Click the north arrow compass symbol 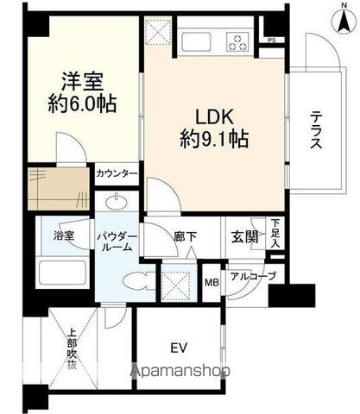[344, 20]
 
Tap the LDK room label [214, 116]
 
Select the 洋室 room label [82, 81]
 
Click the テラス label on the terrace [316, 130]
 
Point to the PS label [272, 41]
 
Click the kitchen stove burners [237, 42]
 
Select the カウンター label [117, 173]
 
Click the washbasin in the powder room [117, 201]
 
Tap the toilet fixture [137, 281]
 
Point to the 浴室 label [64, 236]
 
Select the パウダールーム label [117, 242]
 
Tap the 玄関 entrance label [243, 237]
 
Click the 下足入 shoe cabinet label [275, 233]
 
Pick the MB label [212, 283]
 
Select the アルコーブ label [253, 277]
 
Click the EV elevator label [179, 348]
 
